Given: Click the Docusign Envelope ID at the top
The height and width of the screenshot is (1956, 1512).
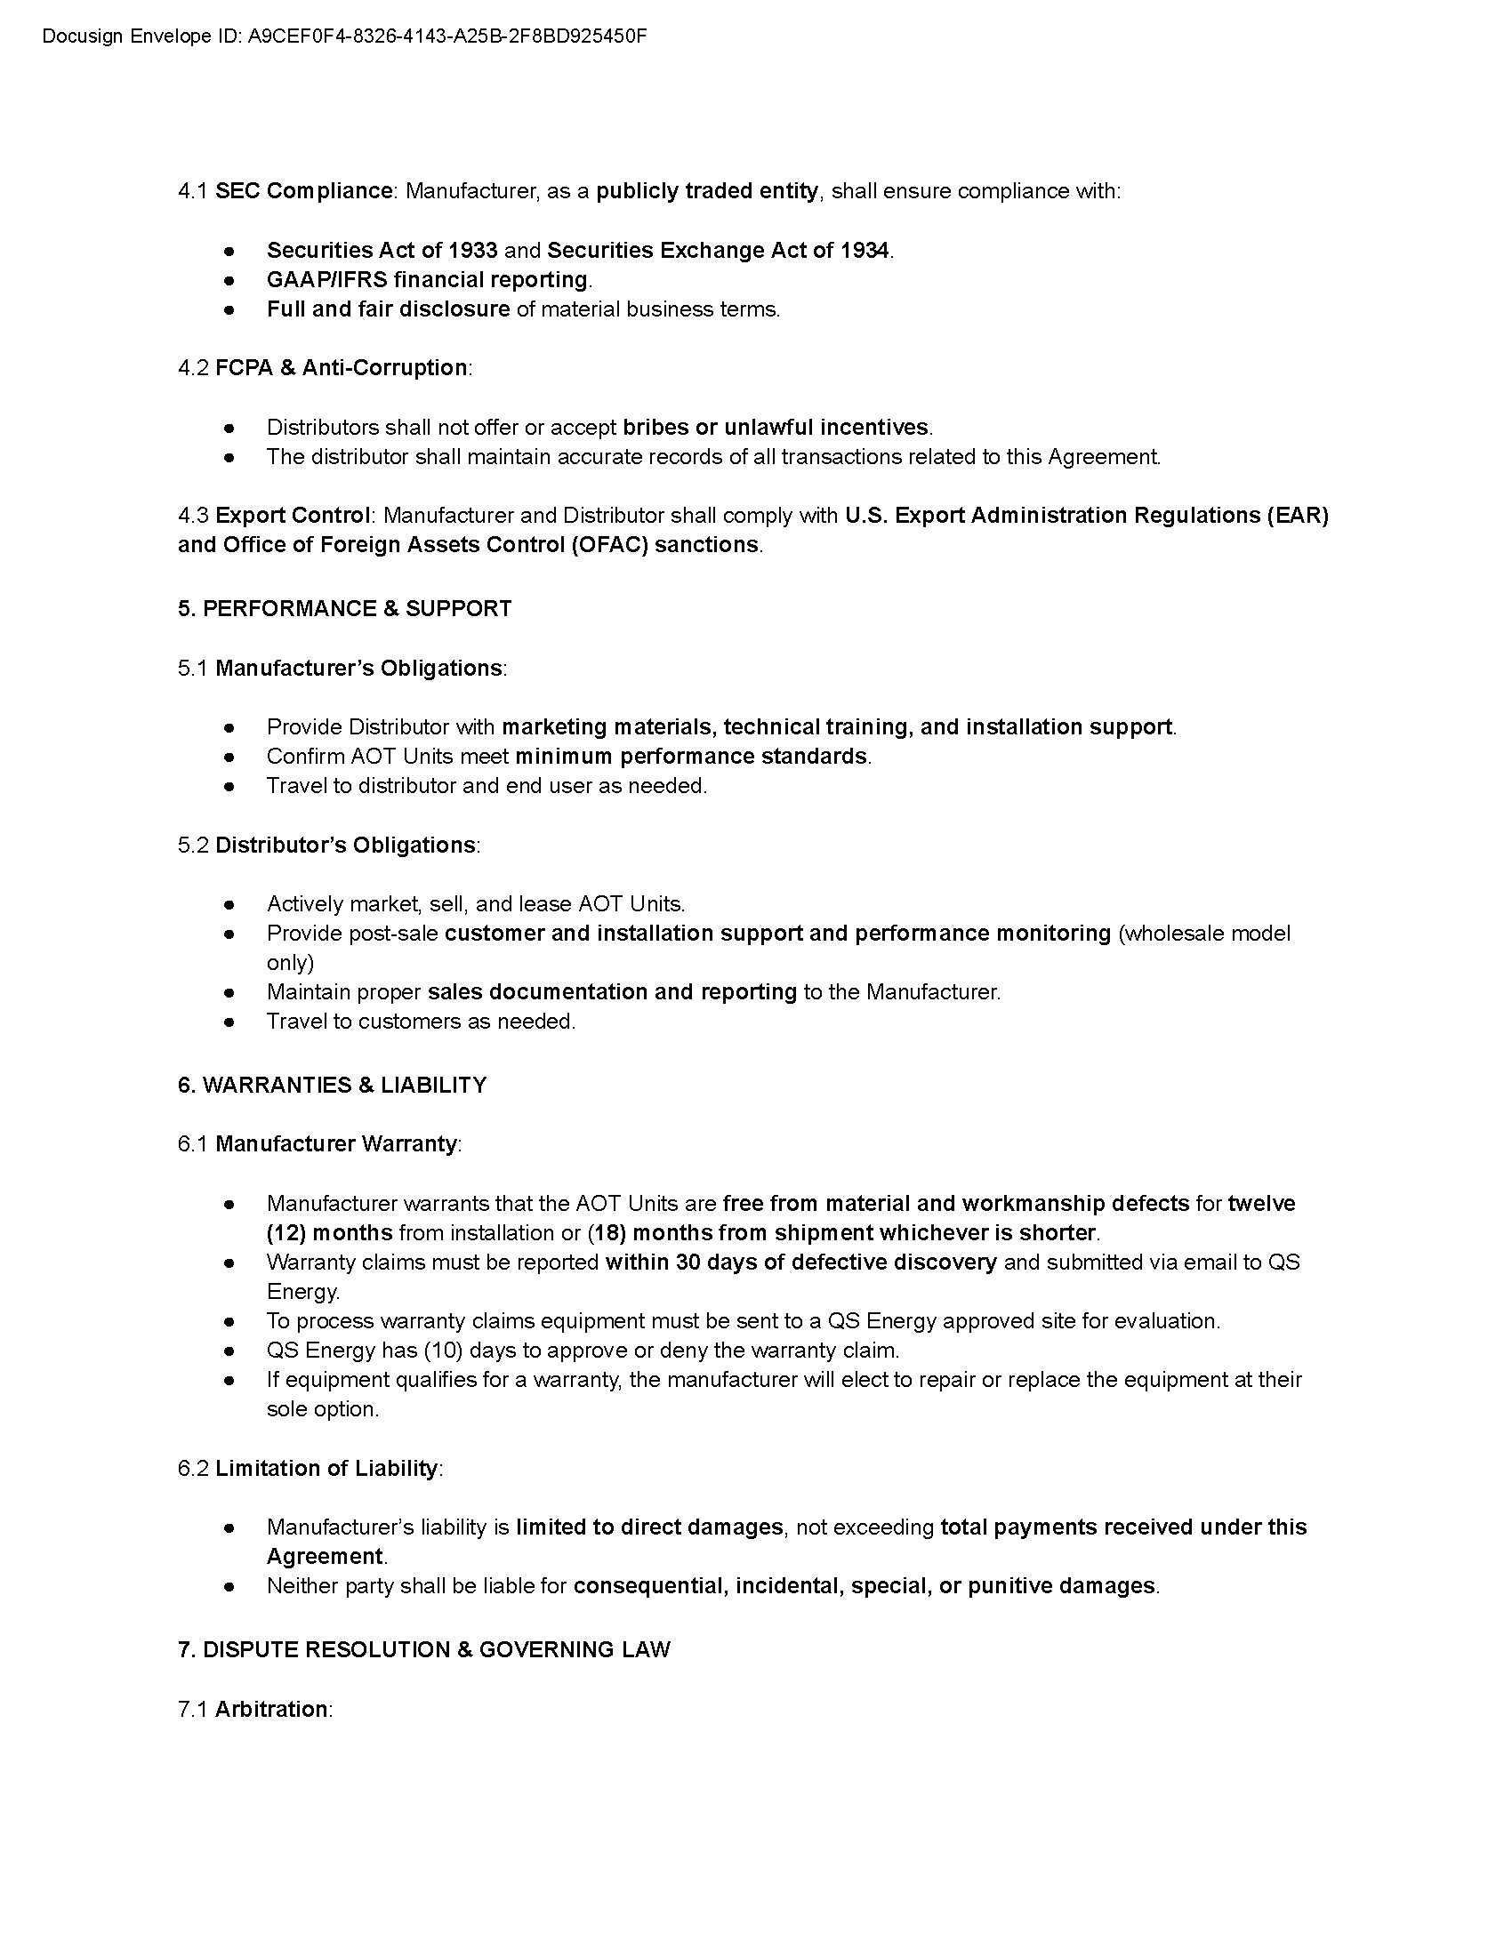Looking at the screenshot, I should click(x=344, y=36).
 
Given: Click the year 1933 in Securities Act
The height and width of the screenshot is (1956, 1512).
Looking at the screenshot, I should click(x=473, y=250).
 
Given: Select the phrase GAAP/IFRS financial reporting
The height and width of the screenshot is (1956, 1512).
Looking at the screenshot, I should click(x=427, y=279).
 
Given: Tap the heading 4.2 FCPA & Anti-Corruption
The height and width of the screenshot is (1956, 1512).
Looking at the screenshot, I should click(x=325, y=367).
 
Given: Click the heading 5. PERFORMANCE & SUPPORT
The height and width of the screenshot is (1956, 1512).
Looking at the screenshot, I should click(x=345, y=608).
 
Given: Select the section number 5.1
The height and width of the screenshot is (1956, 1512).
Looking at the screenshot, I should click(x=193, y=668).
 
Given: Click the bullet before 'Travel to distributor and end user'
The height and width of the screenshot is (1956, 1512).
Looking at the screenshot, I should click(x=229, y=786).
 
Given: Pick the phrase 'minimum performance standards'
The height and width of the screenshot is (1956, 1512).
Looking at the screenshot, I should click(x=690, y=756).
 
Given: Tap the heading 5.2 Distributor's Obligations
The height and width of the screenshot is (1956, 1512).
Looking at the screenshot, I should click(x=329, y=845).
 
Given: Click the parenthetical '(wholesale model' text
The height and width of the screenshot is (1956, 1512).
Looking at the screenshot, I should click(x=1205, y=934).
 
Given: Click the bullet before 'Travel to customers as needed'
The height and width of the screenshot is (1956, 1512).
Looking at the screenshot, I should click(x=229, y=1022).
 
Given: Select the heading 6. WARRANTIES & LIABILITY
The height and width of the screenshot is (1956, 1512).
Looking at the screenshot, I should click(x=333, y=1085).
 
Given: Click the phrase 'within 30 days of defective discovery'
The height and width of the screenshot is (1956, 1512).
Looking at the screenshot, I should click(x=800, y=1262).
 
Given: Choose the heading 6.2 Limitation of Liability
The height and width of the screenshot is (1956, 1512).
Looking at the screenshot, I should click(x=310, y=1468).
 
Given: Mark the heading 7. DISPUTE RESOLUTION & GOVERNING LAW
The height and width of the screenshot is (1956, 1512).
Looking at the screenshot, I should click(x=423, y=1649).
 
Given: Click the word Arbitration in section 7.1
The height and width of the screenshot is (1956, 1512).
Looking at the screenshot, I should click(x=271, y=1709).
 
